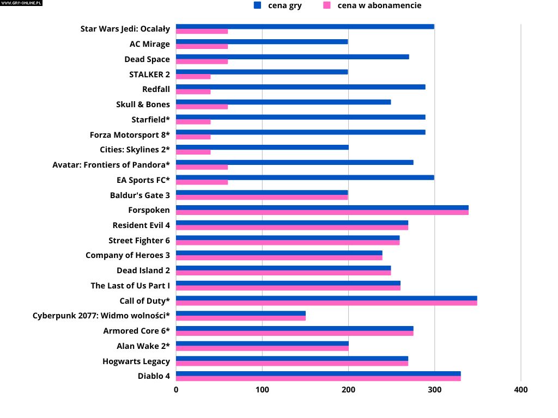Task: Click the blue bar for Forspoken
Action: point(322,207)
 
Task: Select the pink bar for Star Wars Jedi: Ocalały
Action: point(202,32)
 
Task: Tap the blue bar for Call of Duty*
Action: point(326,298)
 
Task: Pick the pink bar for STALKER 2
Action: point(193,77)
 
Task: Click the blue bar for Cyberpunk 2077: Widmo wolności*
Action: point(240,313)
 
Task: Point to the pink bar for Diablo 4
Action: point(318,378)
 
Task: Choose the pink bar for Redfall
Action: point(193,91)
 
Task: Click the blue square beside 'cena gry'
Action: point(258,5)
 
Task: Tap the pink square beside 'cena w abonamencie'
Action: point(327,5)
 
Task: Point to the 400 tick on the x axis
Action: point(521,390)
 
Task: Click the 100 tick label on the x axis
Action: point(262,390)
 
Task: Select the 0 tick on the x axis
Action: point(176,390)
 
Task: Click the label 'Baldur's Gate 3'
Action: point(139,195)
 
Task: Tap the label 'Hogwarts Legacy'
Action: point(136,361)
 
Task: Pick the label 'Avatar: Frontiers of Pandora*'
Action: point(111,164)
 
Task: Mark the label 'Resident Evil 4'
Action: point(141,225)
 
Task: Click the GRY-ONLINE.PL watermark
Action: point(21,3)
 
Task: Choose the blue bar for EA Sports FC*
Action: point(305,177)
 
